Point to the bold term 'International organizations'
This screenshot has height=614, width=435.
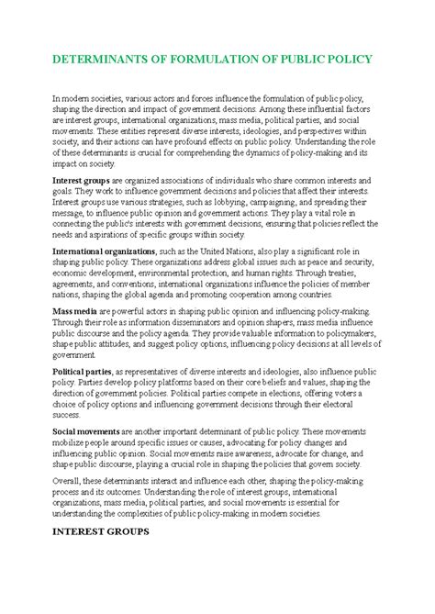[104, 250]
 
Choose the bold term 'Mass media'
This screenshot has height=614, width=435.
[75, 312]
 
